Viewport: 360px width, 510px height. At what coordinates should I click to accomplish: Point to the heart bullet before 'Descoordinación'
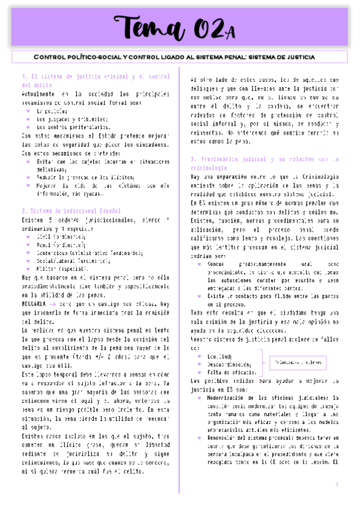click(200, 364)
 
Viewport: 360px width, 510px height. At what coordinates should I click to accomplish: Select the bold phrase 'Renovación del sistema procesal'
click(252, 438)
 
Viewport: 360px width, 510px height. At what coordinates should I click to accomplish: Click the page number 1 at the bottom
click(337, 485)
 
